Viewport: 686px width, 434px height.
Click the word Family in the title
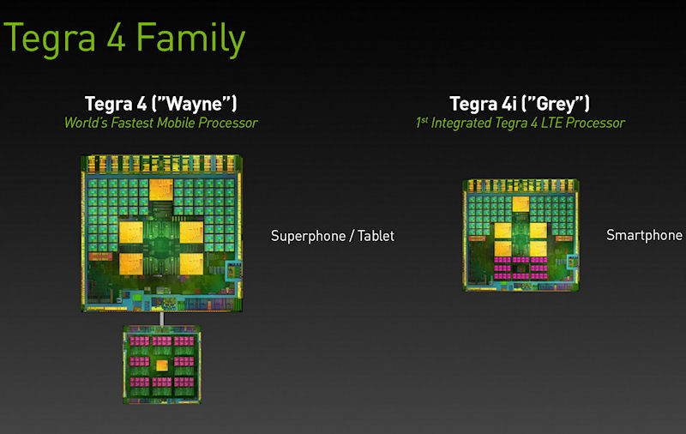tap(190, 39)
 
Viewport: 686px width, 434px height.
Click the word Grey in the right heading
tap(555, 104)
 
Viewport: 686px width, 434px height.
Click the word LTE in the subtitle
tap(551, 123)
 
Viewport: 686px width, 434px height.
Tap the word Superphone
tap(309, 236)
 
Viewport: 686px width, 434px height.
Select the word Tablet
tap(376, 235)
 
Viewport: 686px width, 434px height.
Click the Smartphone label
tap(644, 235)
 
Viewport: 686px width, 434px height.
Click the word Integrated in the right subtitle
tap(461, 123)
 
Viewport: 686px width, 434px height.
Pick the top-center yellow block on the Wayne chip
tap(160, 190)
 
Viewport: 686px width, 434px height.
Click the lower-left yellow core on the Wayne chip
tap(131, 264)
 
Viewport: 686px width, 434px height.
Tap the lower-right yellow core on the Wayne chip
tap(191, 264)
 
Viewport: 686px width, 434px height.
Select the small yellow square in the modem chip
tap(162, 365)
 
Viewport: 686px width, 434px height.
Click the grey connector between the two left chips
tap(162, 318)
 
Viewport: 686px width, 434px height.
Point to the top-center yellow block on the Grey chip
tap(521, 204)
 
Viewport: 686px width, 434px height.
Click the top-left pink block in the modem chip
tap(140, 341)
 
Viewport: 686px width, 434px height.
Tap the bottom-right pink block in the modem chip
tap(184, 382)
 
